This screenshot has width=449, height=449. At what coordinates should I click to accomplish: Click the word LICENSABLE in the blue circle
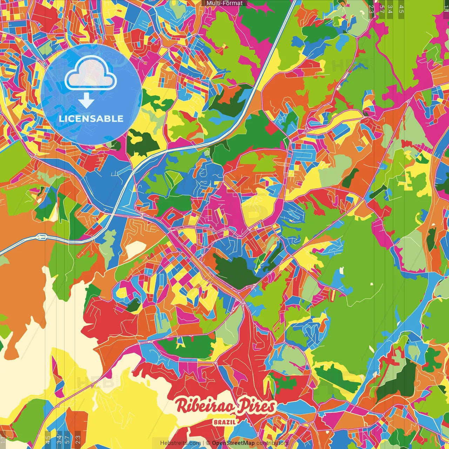[x=91, y=119]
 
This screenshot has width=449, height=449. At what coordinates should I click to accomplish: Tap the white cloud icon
[x=91, y=73]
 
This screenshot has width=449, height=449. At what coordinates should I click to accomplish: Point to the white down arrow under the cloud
[x=86, y=100]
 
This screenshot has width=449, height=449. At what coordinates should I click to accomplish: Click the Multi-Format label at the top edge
[x=224, y=3]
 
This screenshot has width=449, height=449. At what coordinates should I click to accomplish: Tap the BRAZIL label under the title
[x=224, y=422]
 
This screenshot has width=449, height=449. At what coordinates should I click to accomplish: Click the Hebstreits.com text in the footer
[x=180, y=443]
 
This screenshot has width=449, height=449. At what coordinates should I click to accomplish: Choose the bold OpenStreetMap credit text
[x=233, y=443]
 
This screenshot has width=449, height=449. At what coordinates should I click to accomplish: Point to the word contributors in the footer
[x=272, y=443]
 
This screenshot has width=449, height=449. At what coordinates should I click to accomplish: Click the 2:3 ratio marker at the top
[x=371, y=9]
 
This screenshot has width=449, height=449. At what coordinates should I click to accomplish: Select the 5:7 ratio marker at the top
[x=382, y=9]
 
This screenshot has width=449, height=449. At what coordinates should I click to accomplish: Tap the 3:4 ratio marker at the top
[x=390, y=9]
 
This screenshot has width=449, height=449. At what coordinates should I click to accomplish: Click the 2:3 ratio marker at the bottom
[x=78, y=440]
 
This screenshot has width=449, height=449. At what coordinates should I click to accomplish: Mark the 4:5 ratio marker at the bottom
[x=48, y=440]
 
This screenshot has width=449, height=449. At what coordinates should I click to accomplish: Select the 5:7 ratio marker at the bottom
[x=67, y=440]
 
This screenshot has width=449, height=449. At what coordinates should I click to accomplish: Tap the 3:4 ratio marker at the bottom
[x=59, y=440]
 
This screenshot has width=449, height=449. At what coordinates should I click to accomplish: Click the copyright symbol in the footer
[x=208, y=443]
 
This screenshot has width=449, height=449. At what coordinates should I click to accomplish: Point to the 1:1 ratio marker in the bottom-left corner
[x=3, y=440]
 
